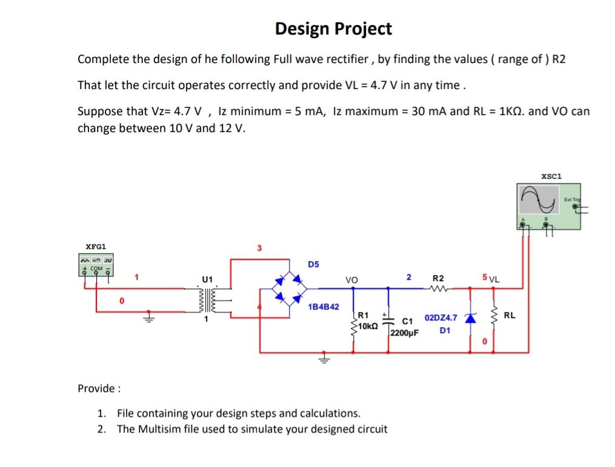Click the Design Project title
pos(333,28)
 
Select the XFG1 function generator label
pos(96,247)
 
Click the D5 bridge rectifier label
pos(313,264)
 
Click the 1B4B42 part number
pos(324,307)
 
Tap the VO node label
pos(351,280)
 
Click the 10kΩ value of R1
pos(368,326)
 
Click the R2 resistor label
pos(437,278)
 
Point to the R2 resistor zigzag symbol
pos(437,288)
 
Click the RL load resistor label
pos(510,315)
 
